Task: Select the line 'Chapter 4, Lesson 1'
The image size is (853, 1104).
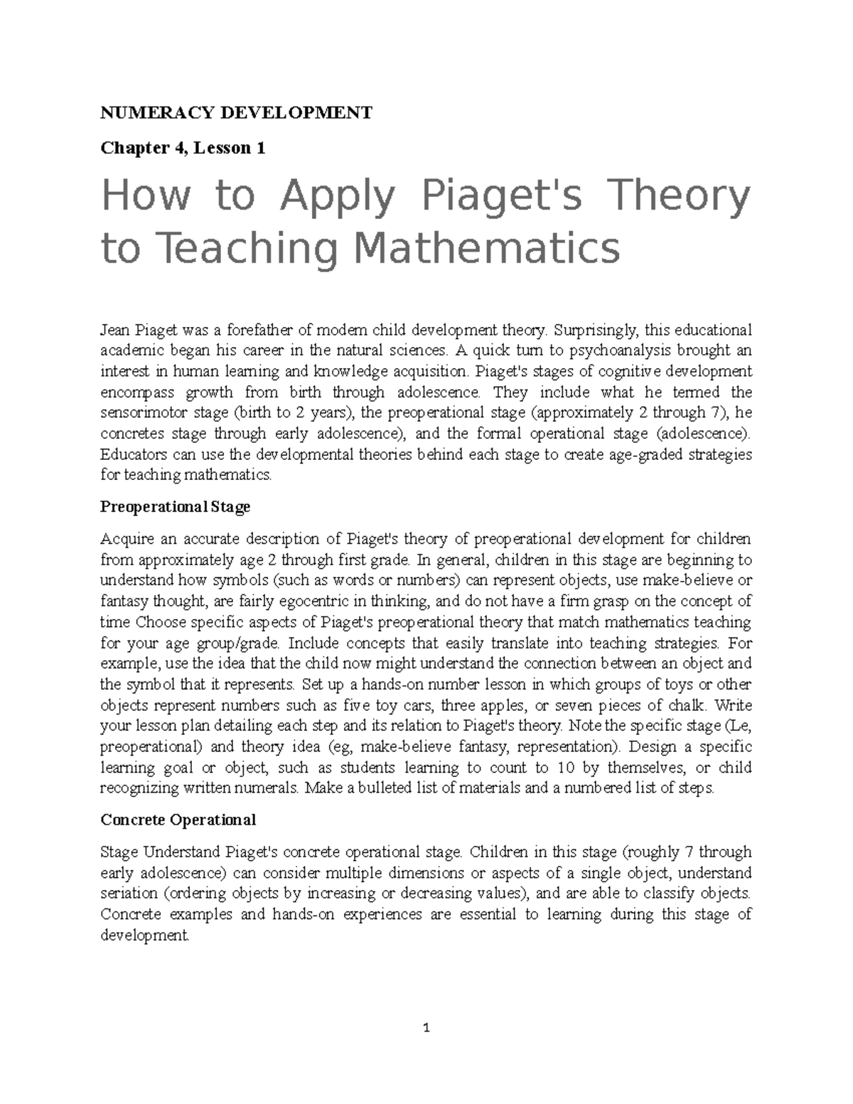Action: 183,148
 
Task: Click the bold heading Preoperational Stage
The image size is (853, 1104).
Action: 175,507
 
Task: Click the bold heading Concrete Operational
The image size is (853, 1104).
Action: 178,820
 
